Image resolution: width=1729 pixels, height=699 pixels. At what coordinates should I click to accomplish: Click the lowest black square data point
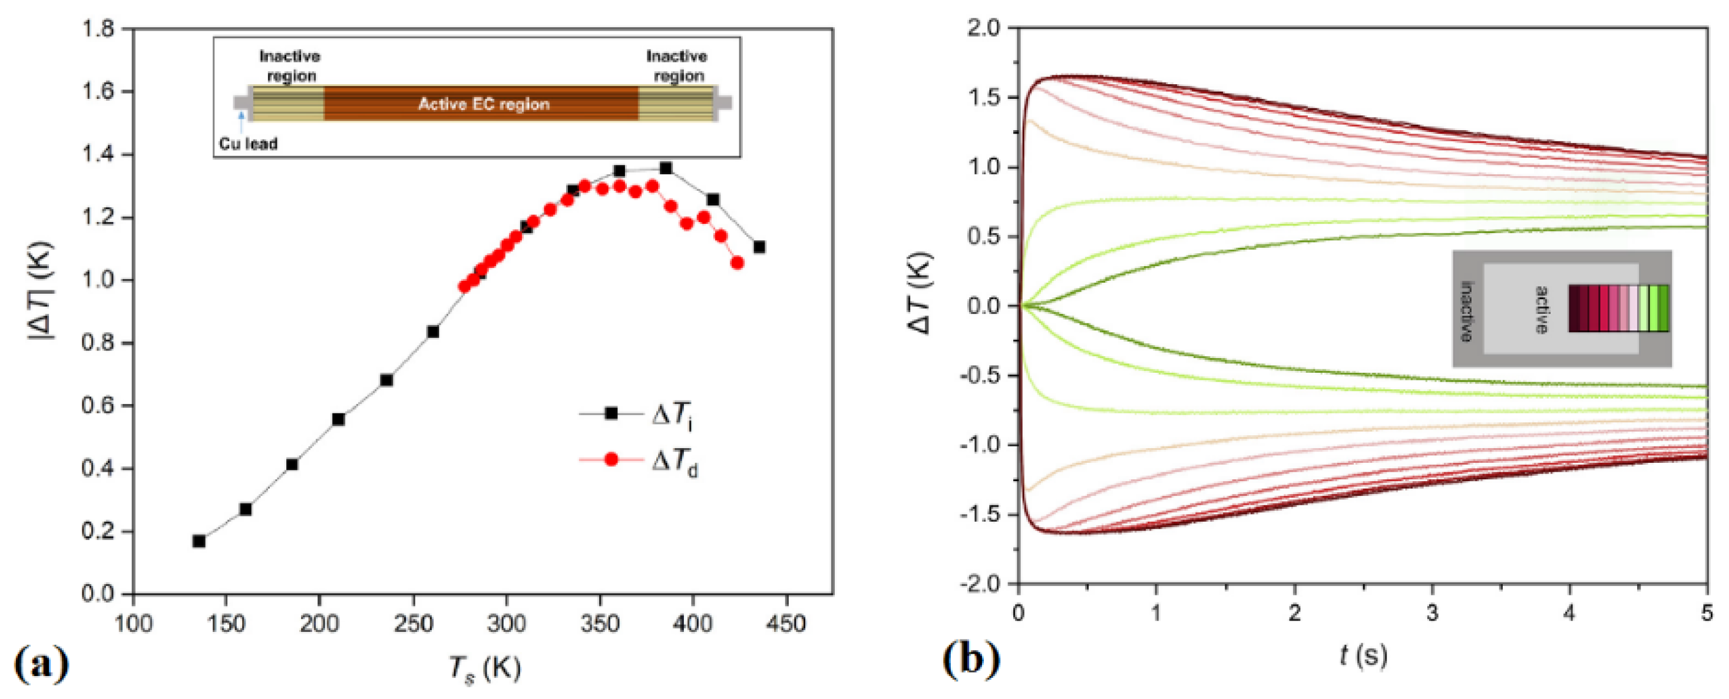[x=199, y=541]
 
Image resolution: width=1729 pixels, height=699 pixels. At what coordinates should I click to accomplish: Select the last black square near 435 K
[x=759, y=247]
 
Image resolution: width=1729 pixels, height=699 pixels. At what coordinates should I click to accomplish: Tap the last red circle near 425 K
[x=737, y=263]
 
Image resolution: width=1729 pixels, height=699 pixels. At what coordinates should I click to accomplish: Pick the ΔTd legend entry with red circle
[x=637, y=460]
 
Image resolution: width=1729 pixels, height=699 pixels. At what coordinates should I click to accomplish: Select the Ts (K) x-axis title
[x=485, y=670]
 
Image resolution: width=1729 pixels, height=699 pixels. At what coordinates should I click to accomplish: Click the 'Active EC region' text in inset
[x=483, y=104]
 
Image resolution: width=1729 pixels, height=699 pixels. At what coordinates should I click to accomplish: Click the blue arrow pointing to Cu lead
[x=240, y=121]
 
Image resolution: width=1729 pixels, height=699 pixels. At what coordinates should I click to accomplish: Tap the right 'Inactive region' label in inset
[x=676, y=66]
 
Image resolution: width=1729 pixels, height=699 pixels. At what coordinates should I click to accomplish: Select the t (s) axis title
[x=1363, y=655]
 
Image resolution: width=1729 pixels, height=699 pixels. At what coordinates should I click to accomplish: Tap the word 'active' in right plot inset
[x=1542, y=310]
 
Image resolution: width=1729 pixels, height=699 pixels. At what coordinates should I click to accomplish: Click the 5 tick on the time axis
[x=1707, y=614]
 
